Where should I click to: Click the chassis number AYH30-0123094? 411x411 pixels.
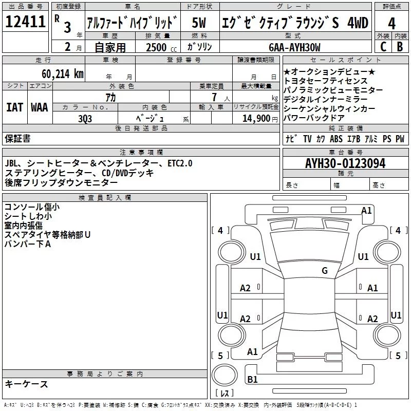coord(345,164)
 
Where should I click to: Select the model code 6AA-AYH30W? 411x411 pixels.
coord(294,47)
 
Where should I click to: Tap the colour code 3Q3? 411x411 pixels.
coord(85,118)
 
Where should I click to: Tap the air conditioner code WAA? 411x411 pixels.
coord(39,107)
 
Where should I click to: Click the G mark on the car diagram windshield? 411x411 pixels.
coord(325,271)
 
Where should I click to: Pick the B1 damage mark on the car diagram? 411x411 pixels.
coord(252,380)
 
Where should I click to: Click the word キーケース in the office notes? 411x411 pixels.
coord(27,384)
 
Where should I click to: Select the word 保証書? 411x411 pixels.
coord(17,138)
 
